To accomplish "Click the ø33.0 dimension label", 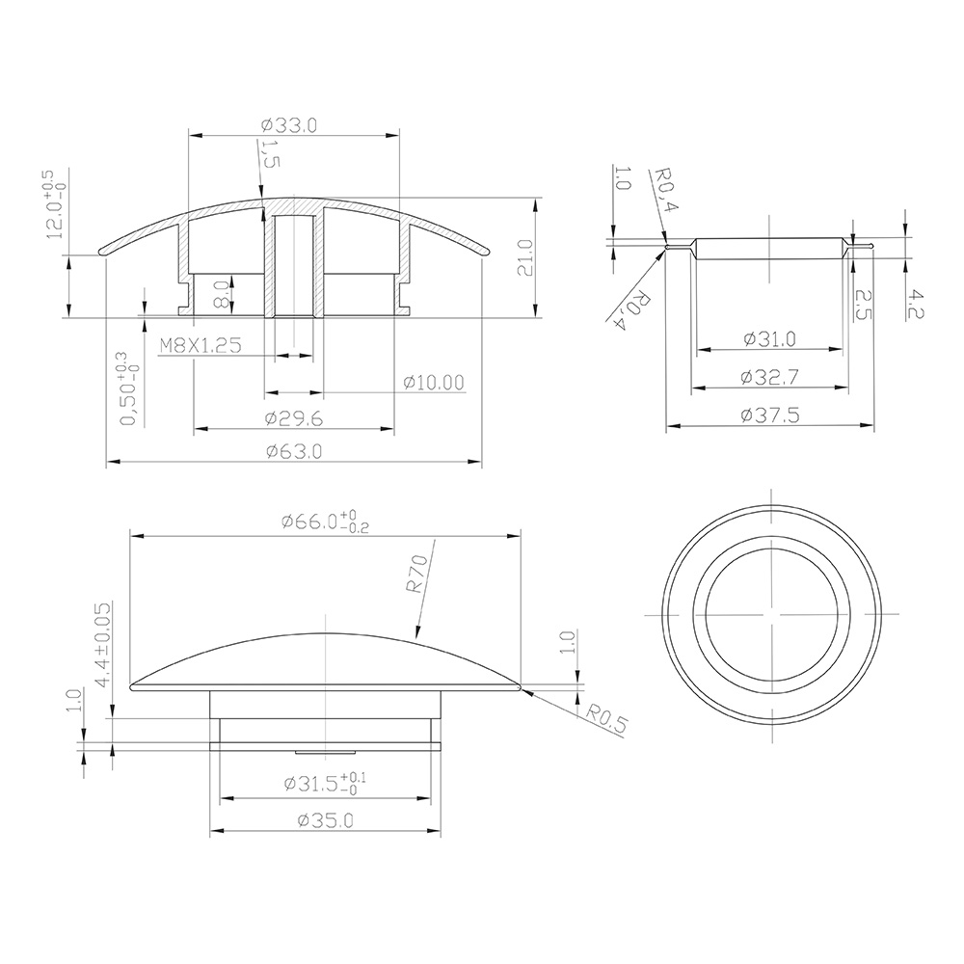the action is pyautogui.click(x=289, y=125).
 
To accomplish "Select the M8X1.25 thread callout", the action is pyautogui.click(x=201, y=345).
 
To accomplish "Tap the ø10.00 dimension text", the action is pyautogui.click(x=434, y=383).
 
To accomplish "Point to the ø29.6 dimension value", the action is pyautogui.click(x=294, y=418).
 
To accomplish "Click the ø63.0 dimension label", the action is pyautogui.click(x=294, y=452).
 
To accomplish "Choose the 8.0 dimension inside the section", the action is pyautogui.click(x=222, y=294).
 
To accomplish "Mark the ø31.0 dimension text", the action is pyautogui.click(x=769, y=338).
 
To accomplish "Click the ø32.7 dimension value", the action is pyautogui.click(x=769, y=377).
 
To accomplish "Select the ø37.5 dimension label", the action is pyautogui.click(x=770, y=415).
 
